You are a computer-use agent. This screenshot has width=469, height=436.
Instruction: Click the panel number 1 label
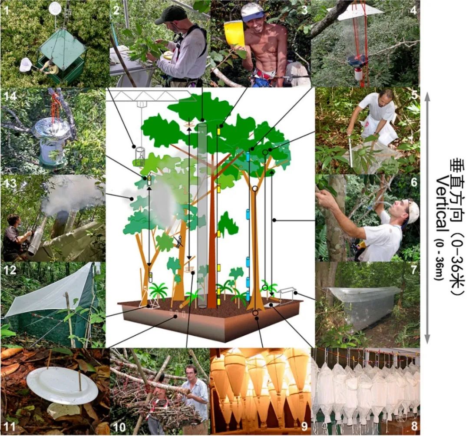pos(6,11)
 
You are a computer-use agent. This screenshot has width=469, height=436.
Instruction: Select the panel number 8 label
pos(414,426)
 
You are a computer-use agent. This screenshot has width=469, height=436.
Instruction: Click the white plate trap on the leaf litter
pos(62,383)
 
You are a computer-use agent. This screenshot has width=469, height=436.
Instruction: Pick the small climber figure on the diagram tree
pos(179,241)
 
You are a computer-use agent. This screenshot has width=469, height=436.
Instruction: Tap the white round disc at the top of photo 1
pos(55,8)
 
